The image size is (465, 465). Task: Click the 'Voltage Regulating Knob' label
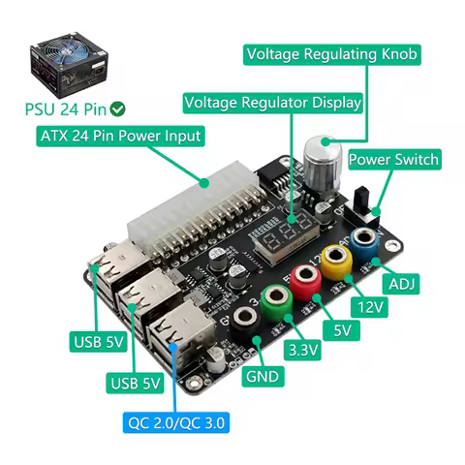[332, 54]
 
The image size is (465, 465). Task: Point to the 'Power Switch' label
[393, 159]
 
